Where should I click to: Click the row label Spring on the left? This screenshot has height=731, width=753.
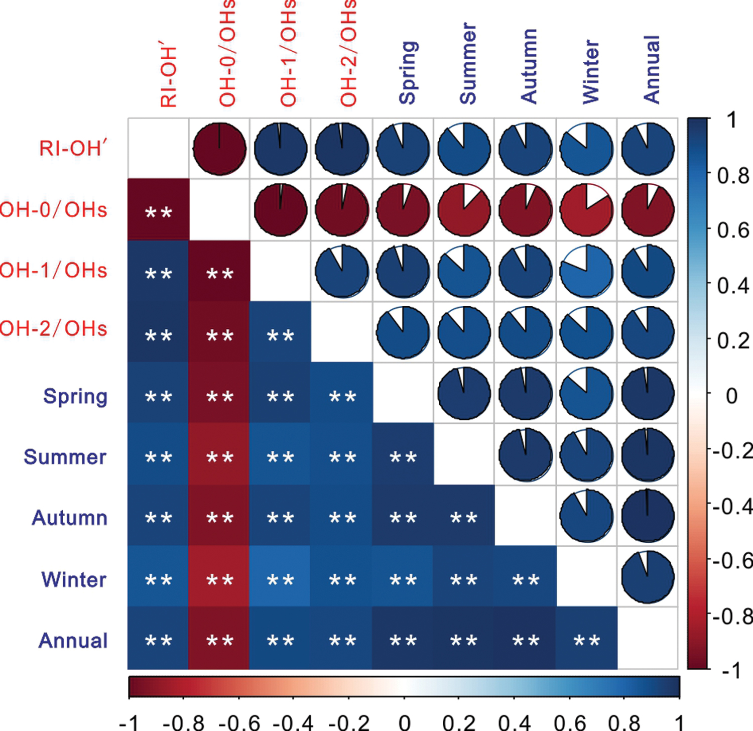pyautogui.click(x=75, y=397)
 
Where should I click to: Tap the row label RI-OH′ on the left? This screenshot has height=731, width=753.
pyautogui.click(x=73, y=149)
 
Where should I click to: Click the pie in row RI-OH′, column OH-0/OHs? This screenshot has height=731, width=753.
pyautogui.click(x=219, y=149)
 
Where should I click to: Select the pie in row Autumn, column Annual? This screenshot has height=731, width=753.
pyautogui.click(x=648, y=516)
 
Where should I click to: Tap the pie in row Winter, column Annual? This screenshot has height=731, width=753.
pyautogui.click(x=648, y=576)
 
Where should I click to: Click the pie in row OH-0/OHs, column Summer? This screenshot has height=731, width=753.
pyautogui.click(x=464, y=209)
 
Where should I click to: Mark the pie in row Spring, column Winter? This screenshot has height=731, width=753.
pyautogui.click(x=586, y=393)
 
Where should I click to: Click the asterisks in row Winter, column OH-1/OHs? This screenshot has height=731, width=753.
pyautogui.click(x=280, y=580)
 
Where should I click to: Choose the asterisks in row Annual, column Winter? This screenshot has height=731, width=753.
pyautogui.click(x=586, y=641)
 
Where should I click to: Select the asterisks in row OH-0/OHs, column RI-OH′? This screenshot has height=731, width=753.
pyautogui.click(x=158, y=213)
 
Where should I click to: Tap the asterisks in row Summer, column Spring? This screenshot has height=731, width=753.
pyautogui.click(x=403, y=457)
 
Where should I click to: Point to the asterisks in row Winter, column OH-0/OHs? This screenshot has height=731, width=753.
pyautogui.click(x=219, y=580)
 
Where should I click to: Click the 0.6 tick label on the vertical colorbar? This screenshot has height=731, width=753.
pyautogui.click(x=733, y=230)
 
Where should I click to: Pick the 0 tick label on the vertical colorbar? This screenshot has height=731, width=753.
pyautogui.click(x=731, y=396)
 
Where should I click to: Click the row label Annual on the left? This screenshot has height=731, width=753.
pyautogui.click(x=73, y=641)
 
